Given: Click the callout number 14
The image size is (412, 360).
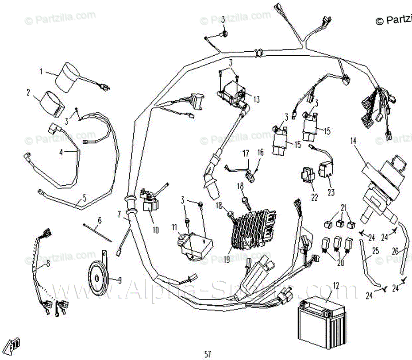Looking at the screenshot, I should tap(353, 141).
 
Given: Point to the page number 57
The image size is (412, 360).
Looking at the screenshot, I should tap(208, 354).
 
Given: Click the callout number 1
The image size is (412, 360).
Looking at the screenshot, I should tap(42, 71).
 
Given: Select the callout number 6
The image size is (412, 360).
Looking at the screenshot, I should tap(100, 220).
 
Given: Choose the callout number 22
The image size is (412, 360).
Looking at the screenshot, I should tap(315, 198).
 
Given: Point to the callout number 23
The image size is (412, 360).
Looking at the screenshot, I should tap(331, 192).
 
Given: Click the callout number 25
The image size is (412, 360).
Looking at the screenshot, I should tap(375, 251).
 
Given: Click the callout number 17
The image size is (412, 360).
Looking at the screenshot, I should tap(246, 153).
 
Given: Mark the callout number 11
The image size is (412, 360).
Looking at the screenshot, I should tap(174, 227).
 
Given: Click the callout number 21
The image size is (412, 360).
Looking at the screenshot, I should tap(343, 208).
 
